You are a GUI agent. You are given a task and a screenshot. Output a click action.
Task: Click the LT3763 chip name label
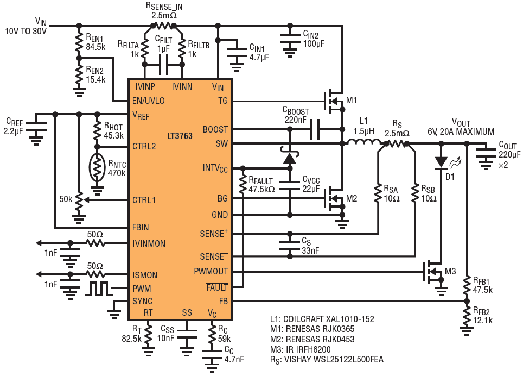[x=180, y=136]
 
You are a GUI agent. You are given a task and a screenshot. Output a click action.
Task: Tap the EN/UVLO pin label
[x=149, y=101]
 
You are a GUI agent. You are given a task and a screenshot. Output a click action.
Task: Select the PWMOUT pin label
[x=211, y=272]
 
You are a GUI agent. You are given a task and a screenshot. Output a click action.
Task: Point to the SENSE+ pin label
[x=214, y=234]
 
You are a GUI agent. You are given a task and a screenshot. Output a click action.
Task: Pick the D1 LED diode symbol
[x=441, y=162]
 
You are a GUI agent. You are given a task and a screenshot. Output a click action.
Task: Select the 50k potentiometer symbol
[x=79, y=200]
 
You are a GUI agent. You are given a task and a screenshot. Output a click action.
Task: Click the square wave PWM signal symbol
[x=99, y=289]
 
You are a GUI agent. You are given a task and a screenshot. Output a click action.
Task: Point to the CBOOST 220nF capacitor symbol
[x=315, y=129]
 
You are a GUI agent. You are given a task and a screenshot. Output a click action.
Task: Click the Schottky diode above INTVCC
[x=290, y=156]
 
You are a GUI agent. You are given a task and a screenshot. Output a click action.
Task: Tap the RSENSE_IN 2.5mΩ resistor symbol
[x=164, y=26]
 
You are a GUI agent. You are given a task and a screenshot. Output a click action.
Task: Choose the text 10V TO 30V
[x=25, y=32]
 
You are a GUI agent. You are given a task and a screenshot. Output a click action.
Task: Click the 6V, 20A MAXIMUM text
[x=461, y=131]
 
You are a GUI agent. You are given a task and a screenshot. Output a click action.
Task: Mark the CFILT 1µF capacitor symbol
[x=163, y=65]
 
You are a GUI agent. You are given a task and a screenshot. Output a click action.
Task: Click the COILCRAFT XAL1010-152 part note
[x=322, y=319]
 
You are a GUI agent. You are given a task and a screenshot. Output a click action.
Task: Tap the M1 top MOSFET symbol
[x=334, y=101]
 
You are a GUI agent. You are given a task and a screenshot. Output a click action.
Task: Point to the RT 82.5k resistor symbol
[x=148, y=334]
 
